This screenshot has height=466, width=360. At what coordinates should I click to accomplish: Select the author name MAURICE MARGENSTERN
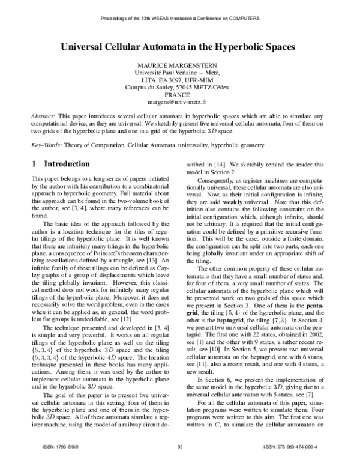(x=180, y=64)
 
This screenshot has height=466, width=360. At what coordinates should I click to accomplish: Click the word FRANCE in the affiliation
(x=180, y=95)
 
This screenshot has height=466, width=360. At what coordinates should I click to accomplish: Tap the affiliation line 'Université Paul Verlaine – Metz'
(x=180, y=72)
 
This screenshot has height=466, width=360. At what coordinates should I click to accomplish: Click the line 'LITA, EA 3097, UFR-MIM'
(x=180, y=79)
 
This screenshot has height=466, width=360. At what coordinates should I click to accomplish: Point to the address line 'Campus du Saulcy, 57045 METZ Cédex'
(x=180, y=87)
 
